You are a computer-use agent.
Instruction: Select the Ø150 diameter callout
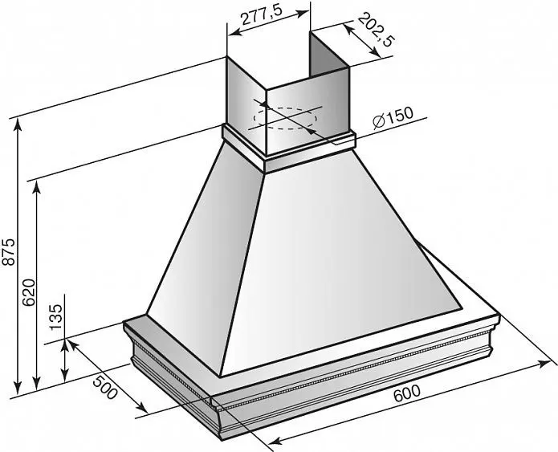click(x=393, y=117)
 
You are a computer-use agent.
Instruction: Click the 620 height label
click(x=28, y=292)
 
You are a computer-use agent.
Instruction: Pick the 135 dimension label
click(x=55, y=317)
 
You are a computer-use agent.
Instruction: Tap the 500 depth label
click(x=105, y=387)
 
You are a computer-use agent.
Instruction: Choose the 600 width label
click(x=407, y=393)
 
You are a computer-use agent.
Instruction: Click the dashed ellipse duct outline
click(x=285, y=118)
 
